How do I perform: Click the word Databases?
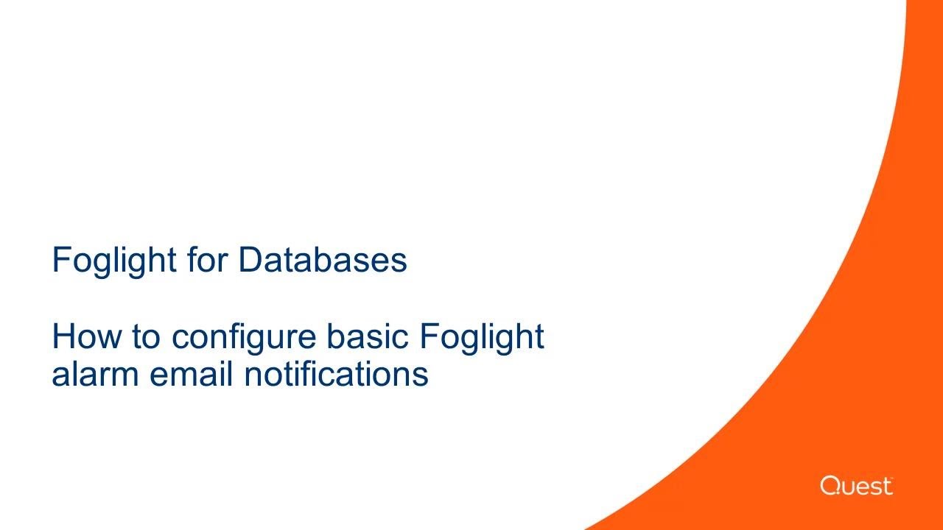tap(323, 260)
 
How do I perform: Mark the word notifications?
tap(336, 374)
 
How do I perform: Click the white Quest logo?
tap(856, 486)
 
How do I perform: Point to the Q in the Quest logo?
tap(830, 486)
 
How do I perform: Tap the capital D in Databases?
tap(249, 260)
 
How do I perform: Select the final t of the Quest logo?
tap(888, 487)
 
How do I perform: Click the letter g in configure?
tap(260, 341)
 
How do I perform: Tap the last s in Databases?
tap(400, 263)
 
